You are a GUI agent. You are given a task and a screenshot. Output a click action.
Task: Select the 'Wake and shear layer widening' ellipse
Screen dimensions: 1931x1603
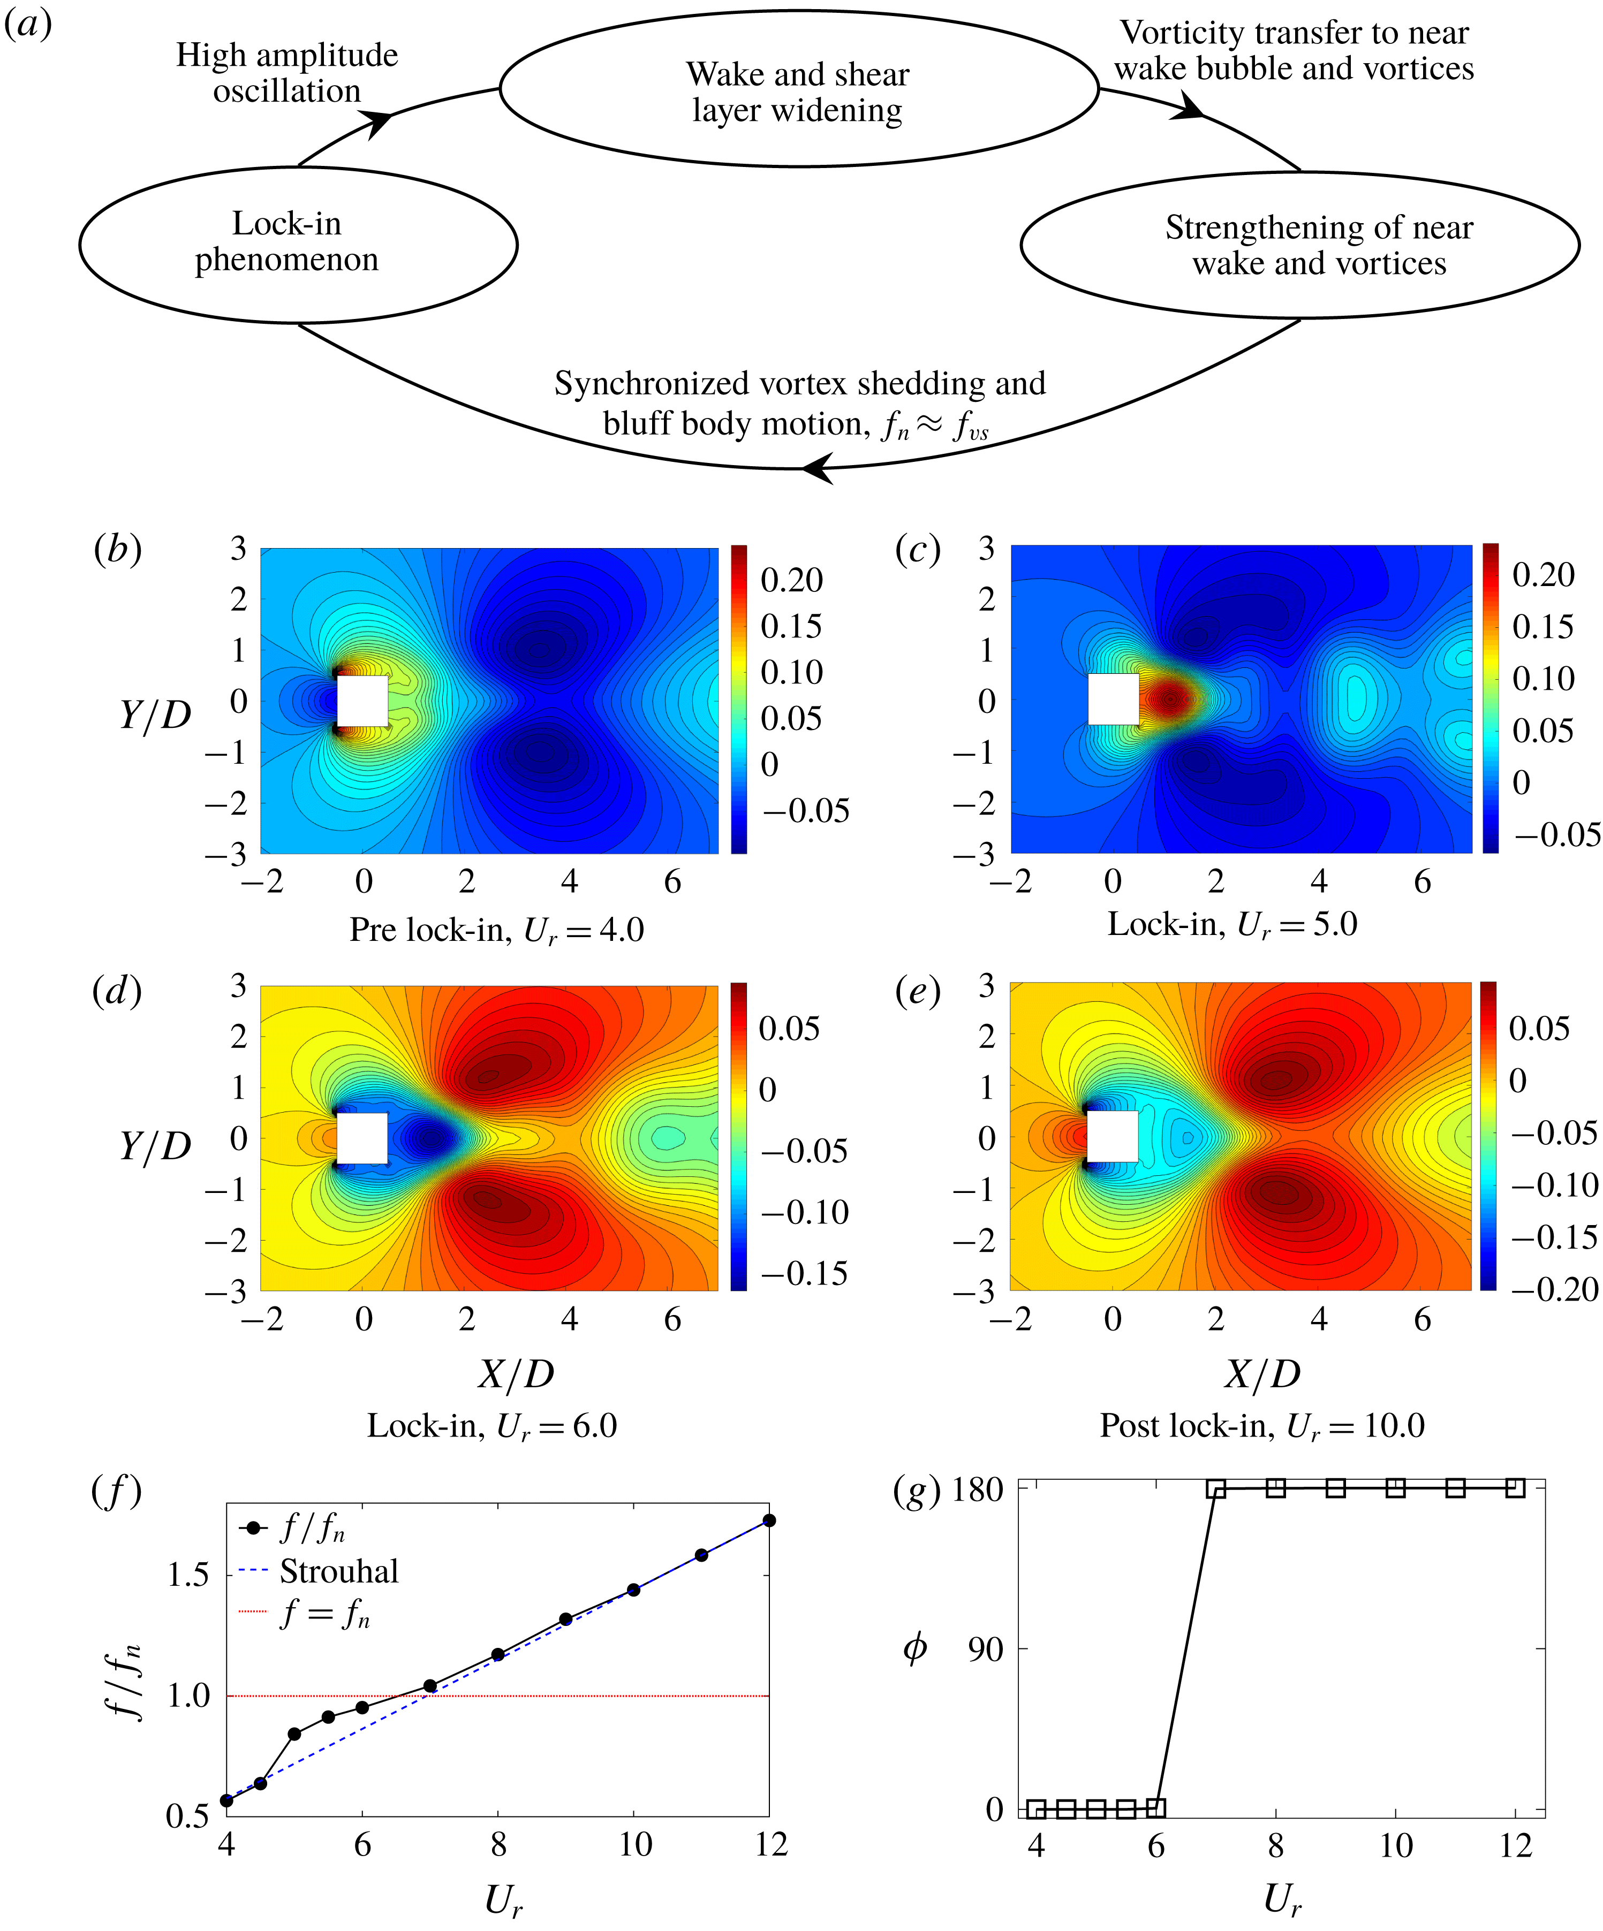798,90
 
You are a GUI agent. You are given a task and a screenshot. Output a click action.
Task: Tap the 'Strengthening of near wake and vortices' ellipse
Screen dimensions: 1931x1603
1299,245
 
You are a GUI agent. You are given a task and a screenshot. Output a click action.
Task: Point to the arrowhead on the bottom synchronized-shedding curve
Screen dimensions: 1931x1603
816,468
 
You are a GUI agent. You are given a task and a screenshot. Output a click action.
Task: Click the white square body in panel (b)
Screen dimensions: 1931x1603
362,701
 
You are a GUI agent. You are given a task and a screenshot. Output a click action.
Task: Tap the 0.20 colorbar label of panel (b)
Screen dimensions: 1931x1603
791,580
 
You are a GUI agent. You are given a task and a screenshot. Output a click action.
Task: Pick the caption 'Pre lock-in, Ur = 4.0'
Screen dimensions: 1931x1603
497,931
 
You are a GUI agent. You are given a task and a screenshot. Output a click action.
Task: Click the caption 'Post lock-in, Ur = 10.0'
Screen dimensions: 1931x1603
1262,1425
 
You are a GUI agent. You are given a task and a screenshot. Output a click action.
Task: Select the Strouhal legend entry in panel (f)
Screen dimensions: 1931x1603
338,1571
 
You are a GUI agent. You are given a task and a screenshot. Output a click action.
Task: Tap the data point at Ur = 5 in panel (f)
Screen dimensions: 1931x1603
294,1734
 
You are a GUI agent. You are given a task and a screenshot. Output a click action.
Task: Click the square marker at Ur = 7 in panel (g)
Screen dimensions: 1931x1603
1216,1488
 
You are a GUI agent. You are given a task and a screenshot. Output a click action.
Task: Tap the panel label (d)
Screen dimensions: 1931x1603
117,991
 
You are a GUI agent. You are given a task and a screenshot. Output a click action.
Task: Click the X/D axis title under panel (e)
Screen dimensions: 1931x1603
1262,1374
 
